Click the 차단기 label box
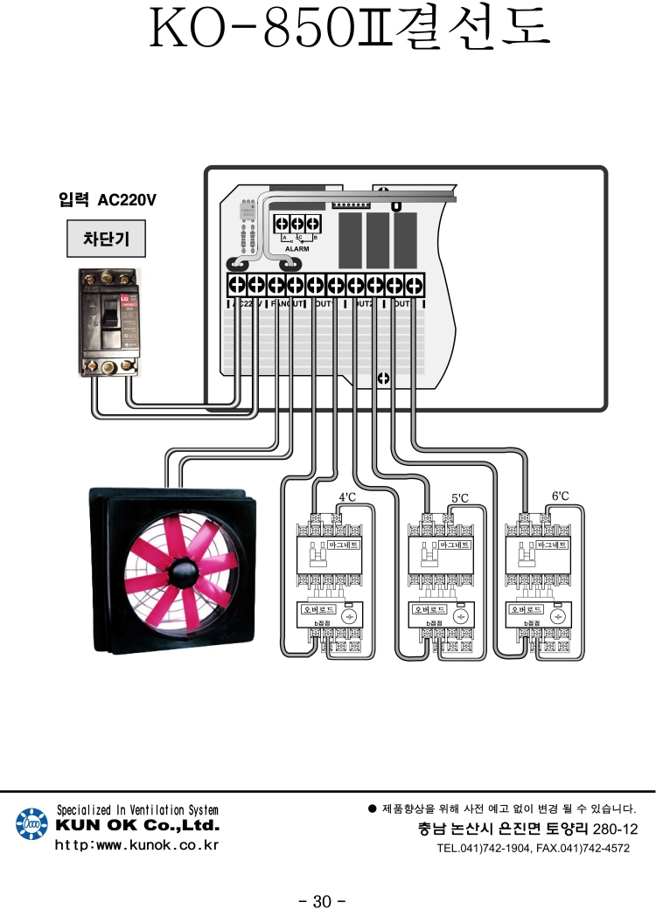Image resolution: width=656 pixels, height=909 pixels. (105, 238)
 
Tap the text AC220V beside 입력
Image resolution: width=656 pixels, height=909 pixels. (127, 199)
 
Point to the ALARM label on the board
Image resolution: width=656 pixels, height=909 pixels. (297, 248)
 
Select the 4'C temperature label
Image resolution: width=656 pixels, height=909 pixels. (347, 497)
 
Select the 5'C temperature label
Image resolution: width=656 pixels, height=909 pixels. (460, 498)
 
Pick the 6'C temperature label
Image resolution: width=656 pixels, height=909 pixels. (561, 496)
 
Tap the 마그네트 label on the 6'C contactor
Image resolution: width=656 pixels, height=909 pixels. (552, 544)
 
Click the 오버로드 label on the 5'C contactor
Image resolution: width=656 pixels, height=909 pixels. (429, 608)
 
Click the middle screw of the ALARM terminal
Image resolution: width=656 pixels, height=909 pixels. (297, 225)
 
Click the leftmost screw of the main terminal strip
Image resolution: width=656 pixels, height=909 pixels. (236, 284)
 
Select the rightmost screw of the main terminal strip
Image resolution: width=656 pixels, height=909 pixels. (414, 284)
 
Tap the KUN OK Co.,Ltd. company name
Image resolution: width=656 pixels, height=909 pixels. (137, 826)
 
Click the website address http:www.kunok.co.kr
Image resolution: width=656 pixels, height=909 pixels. (136, 845)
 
